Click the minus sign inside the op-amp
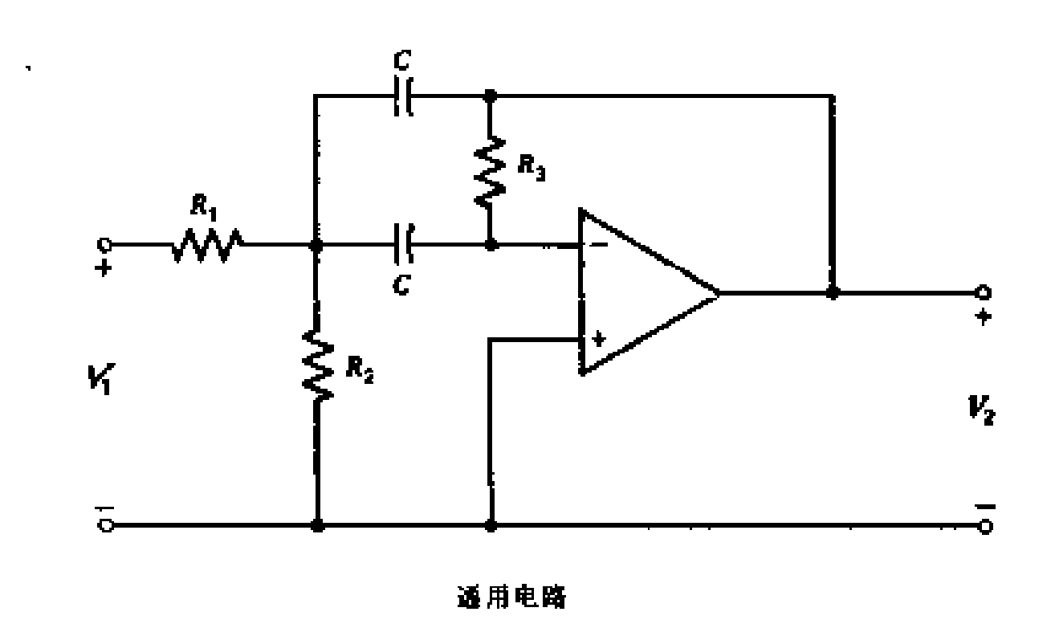[598, 244]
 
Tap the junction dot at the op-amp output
[833, 292]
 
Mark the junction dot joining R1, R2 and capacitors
[318, 244]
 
